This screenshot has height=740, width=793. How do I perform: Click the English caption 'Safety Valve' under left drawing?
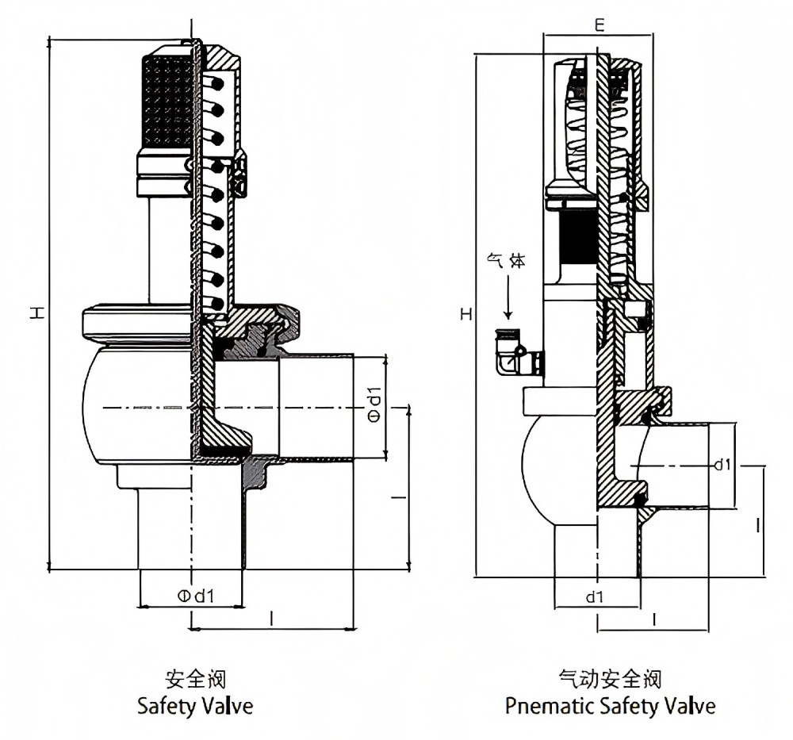(x=195, y=706)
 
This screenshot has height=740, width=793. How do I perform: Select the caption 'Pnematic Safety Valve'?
(x=611, y=706)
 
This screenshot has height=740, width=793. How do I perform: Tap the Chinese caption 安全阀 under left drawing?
(x=196, y=679)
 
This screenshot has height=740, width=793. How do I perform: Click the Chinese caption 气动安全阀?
(x=611, y=679)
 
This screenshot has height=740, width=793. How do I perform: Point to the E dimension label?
(x=600, y=25)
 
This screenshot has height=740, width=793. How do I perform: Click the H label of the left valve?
(x=37, y=312)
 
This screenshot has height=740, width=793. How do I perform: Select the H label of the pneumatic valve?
(x=466, y=314)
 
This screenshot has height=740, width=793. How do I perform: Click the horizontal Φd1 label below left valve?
(x=196, y=596)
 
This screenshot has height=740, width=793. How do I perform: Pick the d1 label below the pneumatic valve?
(x=595, y=597)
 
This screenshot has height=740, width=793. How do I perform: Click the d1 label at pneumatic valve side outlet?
(x=722, y=464)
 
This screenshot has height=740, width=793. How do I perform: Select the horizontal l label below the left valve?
(x=272, y=618)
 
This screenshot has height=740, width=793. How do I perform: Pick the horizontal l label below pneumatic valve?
(x=654, y=619)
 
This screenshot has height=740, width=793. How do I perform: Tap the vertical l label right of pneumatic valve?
(x=757, y=525)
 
